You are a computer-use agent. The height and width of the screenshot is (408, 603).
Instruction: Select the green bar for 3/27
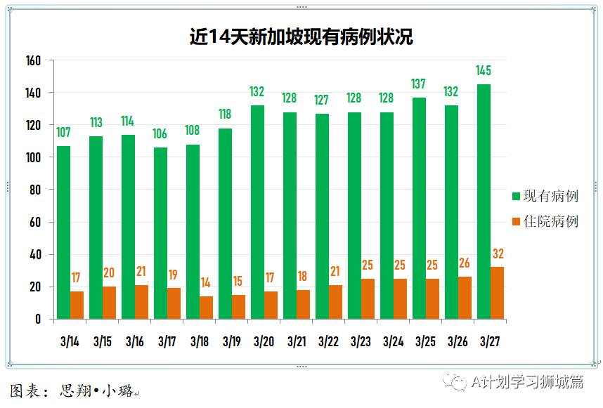484,202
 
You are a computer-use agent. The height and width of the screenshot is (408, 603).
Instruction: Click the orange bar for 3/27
497,293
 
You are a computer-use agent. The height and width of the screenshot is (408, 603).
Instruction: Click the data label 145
483,70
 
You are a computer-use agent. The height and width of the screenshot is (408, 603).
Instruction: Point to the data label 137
418,84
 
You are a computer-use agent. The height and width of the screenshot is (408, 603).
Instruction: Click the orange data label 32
498,254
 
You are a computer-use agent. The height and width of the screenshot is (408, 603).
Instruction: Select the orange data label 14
206,282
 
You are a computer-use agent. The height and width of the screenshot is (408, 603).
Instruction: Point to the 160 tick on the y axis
34,61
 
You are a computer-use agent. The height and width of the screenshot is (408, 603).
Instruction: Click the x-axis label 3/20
264,341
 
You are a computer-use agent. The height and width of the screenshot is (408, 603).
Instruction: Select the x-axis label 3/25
425,341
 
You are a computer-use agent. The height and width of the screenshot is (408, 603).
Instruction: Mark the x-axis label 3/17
167,341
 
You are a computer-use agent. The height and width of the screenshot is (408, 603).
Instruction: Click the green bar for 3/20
257,212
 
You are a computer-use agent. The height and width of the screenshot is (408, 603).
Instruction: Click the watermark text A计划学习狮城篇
527,381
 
